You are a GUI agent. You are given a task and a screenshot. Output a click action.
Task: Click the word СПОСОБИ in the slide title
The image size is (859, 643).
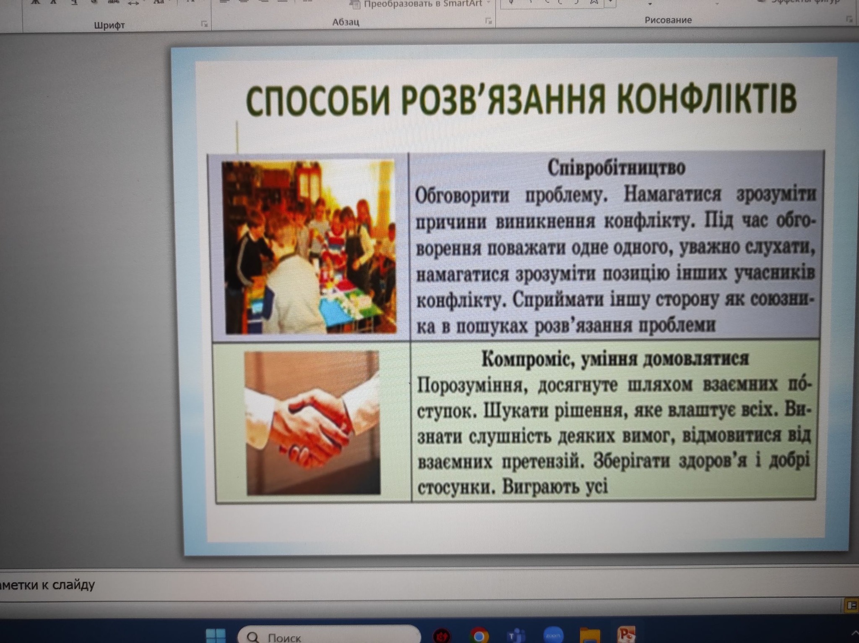click(318, 100)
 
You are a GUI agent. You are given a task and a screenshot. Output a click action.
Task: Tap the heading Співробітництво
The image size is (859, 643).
click(616, 167)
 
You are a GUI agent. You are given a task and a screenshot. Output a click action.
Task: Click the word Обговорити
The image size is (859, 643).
click(462, 195)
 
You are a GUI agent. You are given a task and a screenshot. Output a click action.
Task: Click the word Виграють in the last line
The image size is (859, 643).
click(538, 487)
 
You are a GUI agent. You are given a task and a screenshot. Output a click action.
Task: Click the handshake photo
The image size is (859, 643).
click(312, 423)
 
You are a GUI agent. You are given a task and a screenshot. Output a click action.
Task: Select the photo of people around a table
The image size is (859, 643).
click(310, 247)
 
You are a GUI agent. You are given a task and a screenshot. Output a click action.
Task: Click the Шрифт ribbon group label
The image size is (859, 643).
click(109, 25)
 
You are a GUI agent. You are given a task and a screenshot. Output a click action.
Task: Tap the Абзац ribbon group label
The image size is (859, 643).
click(346, 22)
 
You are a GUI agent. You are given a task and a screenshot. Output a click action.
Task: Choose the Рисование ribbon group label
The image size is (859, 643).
click(668, 20)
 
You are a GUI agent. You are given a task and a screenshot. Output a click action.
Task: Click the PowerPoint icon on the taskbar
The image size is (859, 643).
click(626, 635)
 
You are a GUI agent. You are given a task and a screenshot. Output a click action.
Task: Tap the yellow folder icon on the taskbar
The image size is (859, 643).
click(590, 635)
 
